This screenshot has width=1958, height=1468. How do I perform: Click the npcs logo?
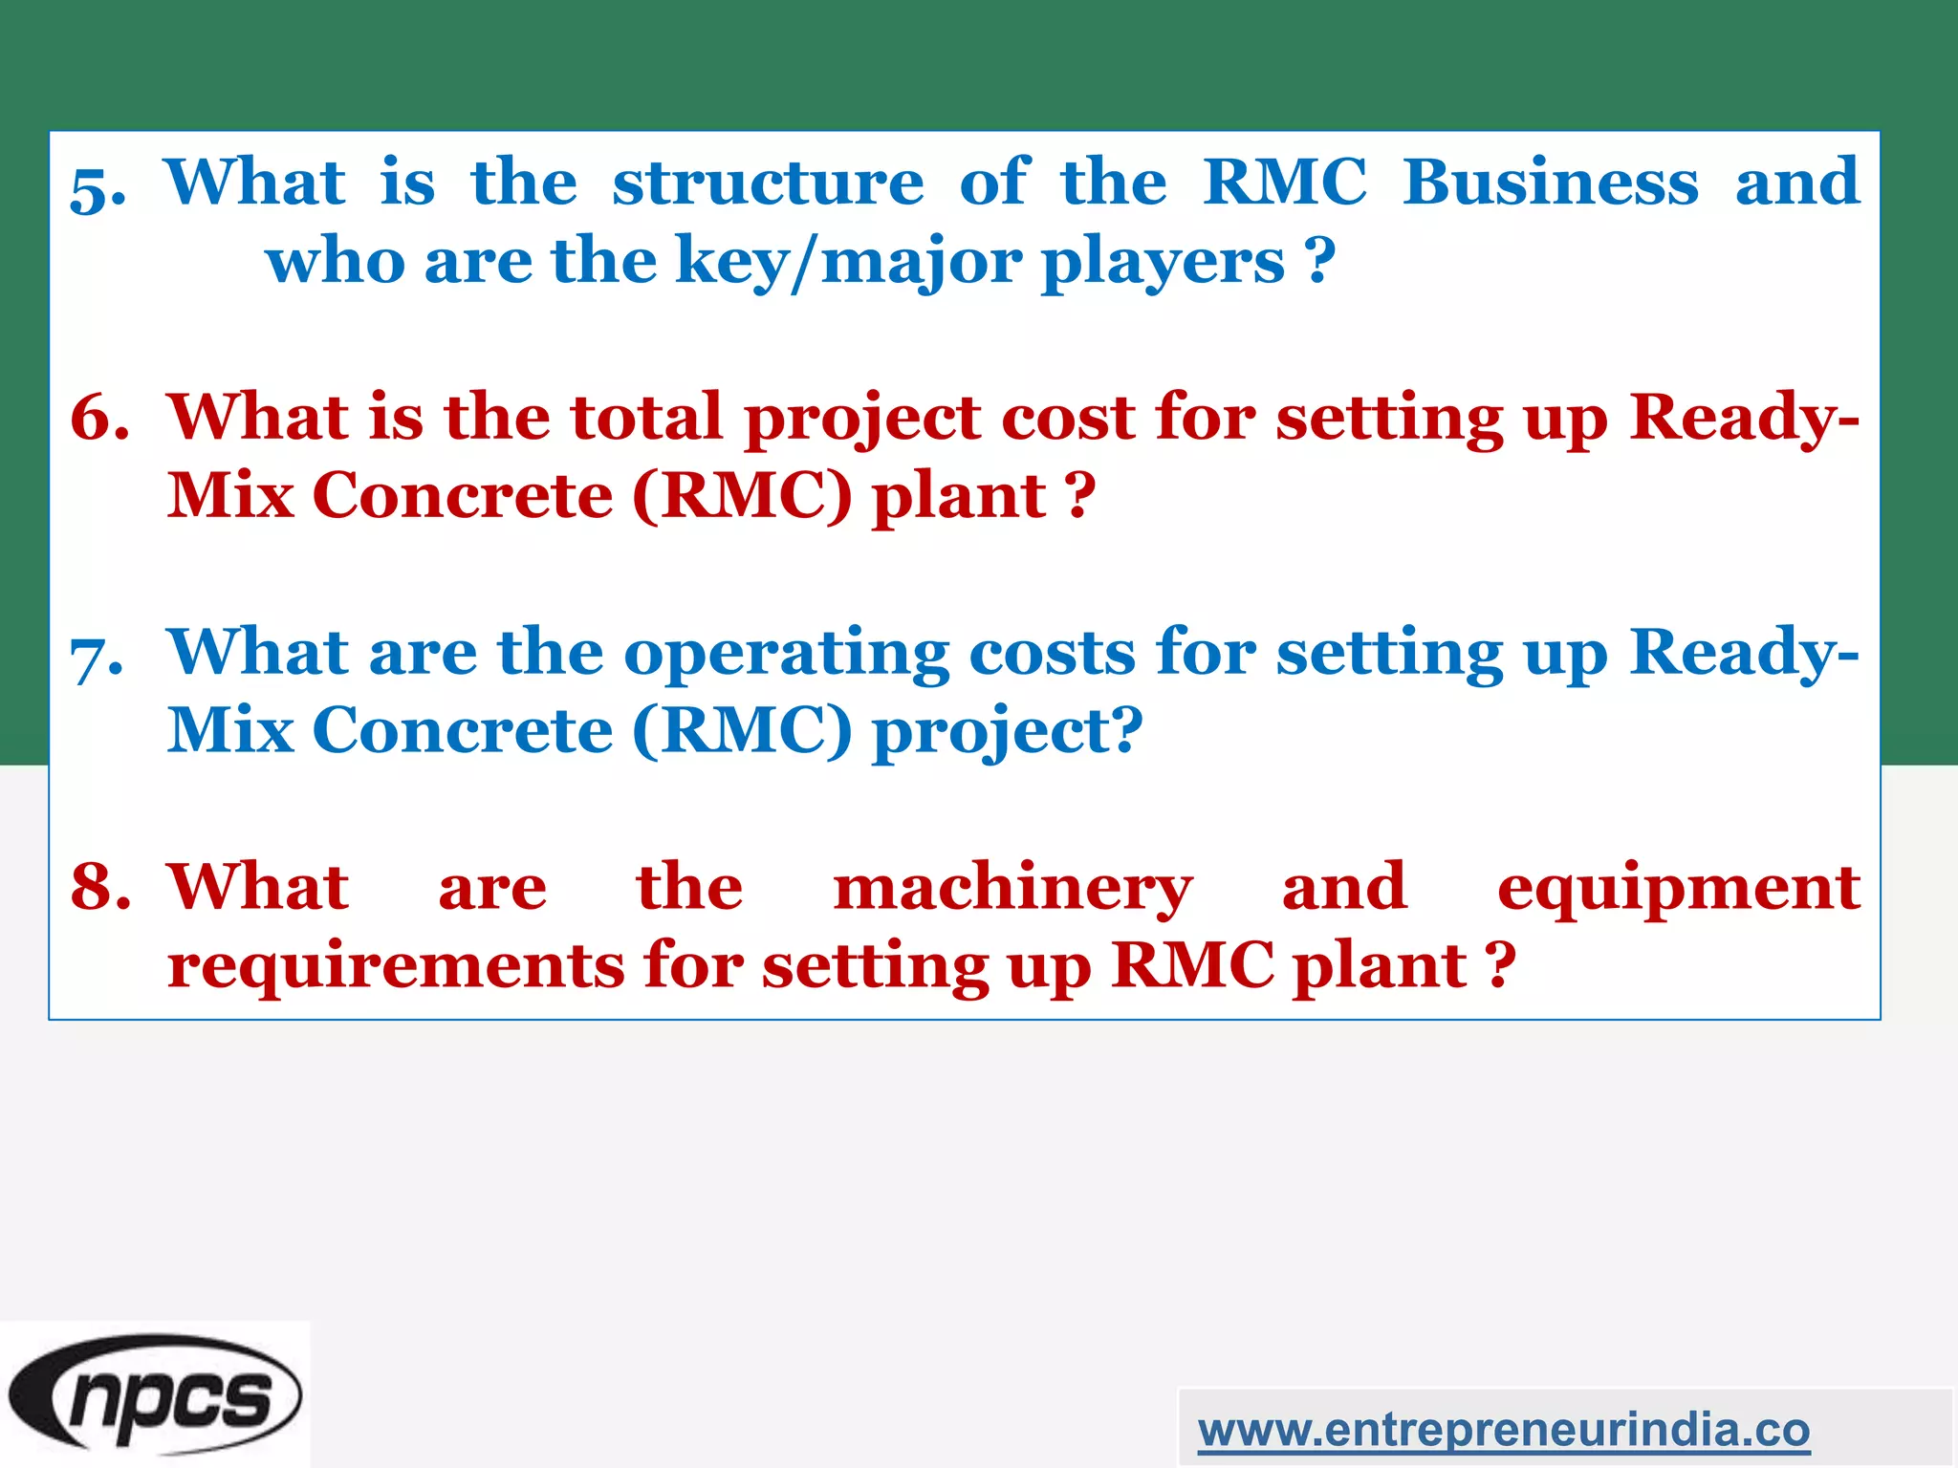(x=155, y=1394)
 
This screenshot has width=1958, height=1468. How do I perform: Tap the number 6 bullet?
(x=99, y=418)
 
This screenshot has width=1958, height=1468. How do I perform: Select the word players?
(x=1163, y=262)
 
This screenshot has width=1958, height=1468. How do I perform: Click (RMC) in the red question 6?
(x=742, y=496)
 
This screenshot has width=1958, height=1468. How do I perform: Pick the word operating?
(x=786, y=655)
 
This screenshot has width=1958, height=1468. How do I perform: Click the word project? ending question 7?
(x=1007, y=732)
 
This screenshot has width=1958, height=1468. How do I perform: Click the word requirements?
(x=396, y=965)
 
